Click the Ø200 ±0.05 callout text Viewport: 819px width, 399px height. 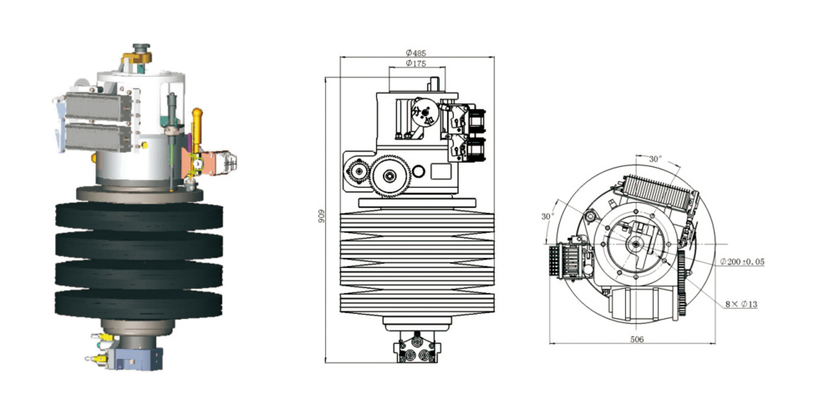(x=742, y=262)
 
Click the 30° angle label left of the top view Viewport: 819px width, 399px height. (x=548, y=217)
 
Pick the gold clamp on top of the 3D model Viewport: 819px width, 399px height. (x=137, y=58)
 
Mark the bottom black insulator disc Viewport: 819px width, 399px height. (x=140, y=301)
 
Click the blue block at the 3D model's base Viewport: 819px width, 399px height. (x=134, y=359)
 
